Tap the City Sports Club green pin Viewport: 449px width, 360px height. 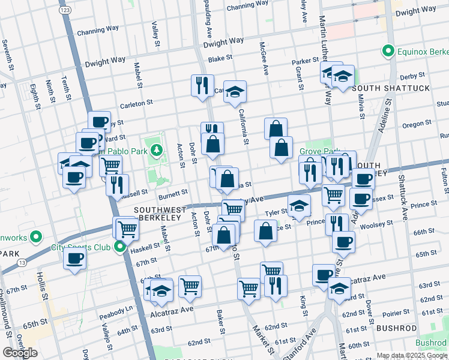click(x=120, y=247)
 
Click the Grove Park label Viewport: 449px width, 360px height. click(x=319, y=152)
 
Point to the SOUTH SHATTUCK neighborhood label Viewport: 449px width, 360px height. click(x=391, y=88)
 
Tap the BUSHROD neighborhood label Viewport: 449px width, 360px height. click(x=396, y=328)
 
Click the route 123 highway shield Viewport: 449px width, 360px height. click(x=64, y=11)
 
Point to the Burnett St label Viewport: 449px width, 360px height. click(x=173, y=194)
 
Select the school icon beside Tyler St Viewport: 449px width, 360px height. click(x=299, y=206)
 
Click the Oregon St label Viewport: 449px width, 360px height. click(x=413, y=125)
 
